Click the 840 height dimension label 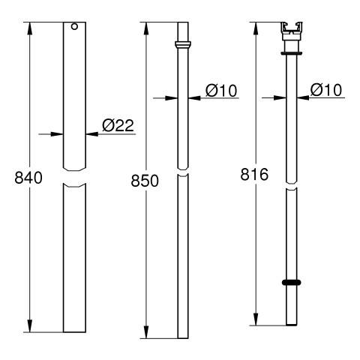28,178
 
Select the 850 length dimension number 145,181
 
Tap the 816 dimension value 254,174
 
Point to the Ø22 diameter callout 118,125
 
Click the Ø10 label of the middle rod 221,90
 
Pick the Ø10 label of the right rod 326,89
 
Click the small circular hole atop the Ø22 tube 74,26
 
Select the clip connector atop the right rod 292,31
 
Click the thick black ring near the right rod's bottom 291,283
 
